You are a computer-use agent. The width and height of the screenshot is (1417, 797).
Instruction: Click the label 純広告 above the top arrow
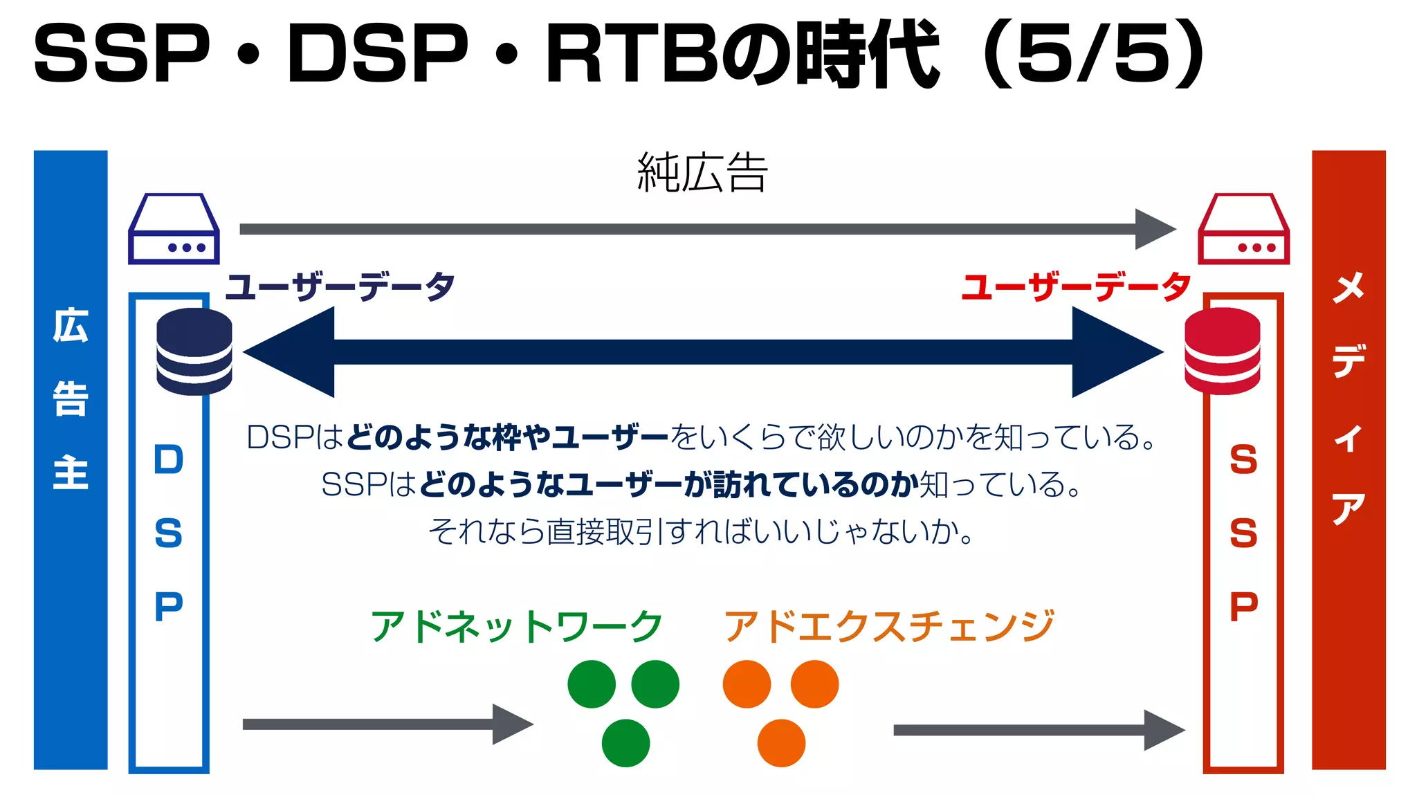[702, 173]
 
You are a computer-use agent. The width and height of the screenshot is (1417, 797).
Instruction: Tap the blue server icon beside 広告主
[174, 230]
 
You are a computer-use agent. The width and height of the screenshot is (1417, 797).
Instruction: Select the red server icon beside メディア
[1243, 230]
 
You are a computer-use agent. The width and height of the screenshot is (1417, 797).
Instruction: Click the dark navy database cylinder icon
[194, 351]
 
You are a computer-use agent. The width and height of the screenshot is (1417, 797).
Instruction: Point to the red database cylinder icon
[1222, 351]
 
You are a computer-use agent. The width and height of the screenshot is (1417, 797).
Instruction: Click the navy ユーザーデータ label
[340, 286]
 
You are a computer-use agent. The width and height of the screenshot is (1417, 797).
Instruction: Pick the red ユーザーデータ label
[1077, 286]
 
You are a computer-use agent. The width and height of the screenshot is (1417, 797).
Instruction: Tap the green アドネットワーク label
[517, 626]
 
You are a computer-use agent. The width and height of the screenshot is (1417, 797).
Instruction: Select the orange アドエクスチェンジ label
[889, 626]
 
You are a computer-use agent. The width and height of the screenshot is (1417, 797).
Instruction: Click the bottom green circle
[625, 743]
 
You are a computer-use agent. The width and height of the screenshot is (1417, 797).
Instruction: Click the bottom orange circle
[781, 743]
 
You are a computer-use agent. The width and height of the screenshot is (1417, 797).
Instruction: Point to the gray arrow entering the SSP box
[1038, 730]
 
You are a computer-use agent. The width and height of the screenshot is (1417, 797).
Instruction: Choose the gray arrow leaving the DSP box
[387, 724]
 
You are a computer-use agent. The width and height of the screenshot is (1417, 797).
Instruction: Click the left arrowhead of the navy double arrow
[291, 351]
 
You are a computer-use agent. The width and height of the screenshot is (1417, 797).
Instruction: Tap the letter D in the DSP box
[169, 460]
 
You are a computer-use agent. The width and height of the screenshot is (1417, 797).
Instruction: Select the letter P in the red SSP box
[1243, 607]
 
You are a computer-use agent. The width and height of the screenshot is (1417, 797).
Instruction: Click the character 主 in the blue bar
[71, 473]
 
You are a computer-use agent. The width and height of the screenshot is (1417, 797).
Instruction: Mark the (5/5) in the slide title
[1093, 54]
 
